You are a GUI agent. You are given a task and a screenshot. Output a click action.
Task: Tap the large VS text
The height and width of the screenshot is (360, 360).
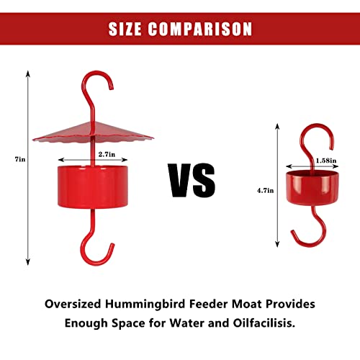192,179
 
